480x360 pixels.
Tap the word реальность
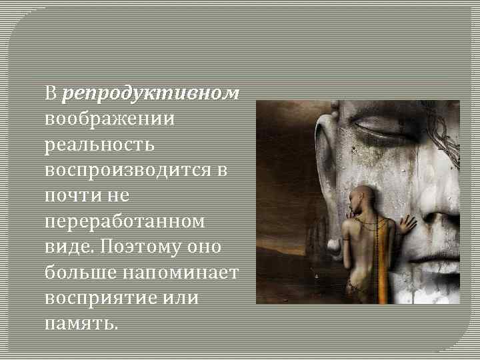tap(99, 144)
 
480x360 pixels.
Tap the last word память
tap(81, 323)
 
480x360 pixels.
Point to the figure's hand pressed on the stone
tap(403, 225)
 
